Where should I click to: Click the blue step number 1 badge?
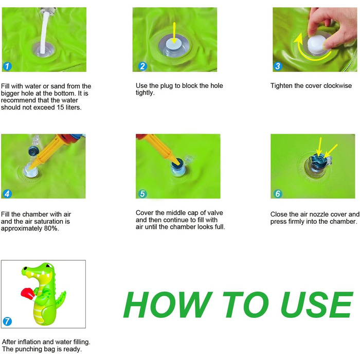[7, 66]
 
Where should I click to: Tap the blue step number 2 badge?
[142, 66]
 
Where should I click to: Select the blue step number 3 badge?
[278, 66]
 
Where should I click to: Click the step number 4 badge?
[7, 194]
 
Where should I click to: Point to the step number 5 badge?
[142, 194]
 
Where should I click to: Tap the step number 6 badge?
[278, 194]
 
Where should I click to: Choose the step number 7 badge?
[7, 321]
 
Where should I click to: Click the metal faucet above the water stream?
[47, 10]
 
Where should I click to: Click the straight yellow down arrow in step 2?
[174, 32]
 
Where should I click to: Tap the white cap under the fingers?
[316, 44]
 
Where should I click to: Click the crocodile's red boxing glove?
[28, 293]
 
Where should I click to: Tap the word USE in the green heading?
[317, 304]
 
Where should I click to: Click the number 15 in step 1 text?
[60, 107]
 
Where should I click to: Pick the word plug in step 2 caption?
[167, 86]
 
